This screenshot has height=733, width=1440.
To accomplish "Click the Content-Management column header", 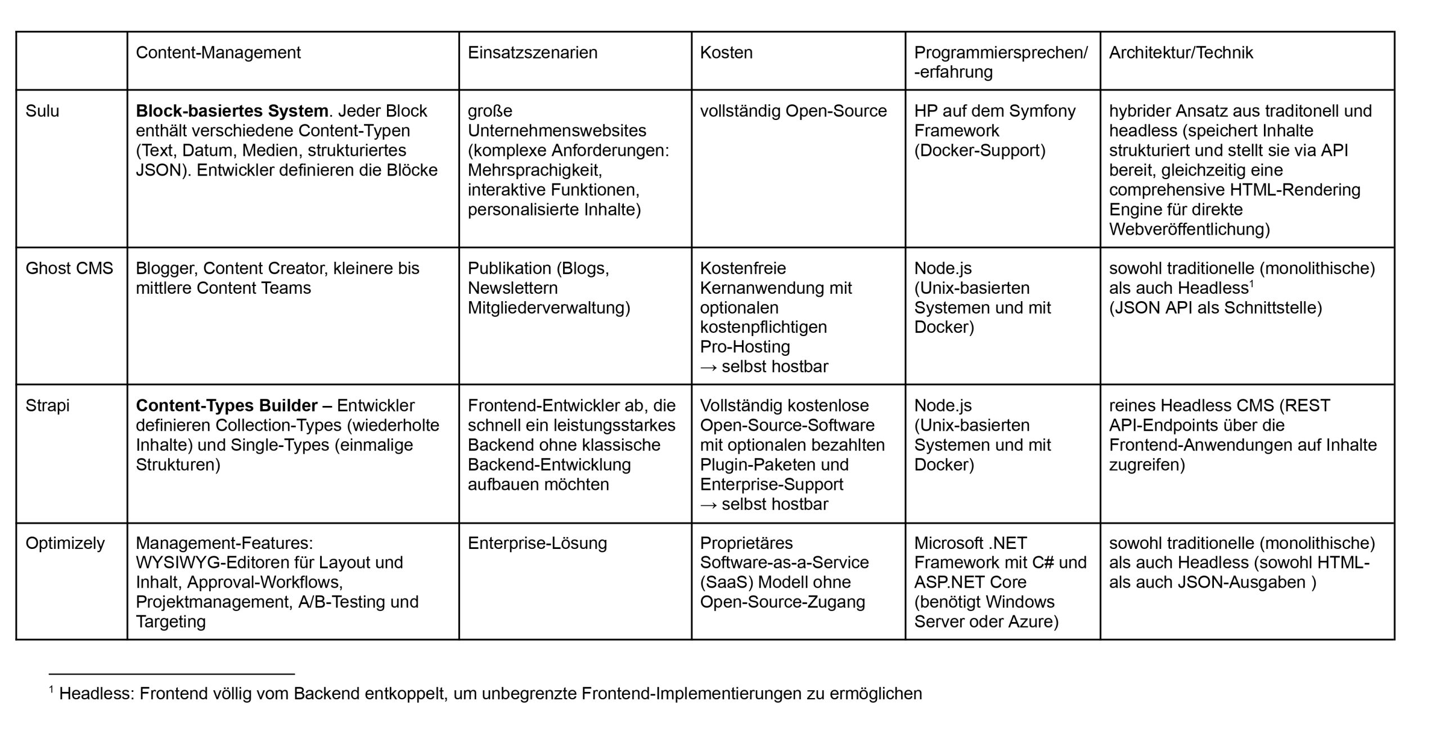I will pyautogui.click(x=218, y=52).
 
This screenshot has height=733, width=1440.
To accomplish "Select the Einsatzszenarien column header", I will pyautogui.click(x=532, y=52).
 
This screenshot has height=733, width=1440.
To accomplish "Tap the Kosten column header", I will pyautogui.click(x=726, y=52).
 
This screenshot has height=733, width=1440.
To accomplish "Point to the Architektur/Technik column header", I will pyautogui.click(x=1181, y=52).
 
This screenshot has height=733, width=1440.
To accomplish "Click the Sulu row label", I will pyautogui.click(x=42, y=111).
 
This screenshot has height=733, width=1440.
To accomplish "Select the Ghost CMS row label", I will pyautogui.click(x=69, y=268).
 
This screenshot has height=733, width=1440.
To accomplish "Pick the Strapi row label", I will pyautogui.click(x=47, y=405).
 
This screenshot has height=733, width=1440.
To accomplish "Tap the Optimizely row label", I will pyautogui.click(x=65, y=543).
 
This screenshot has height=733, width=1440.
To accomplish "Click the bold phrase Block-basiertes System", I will pyautogui.click(x=232, y=111).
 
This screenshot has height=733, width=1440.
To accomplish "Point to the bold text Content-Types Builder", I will pyautogui.click(x=227, y=405).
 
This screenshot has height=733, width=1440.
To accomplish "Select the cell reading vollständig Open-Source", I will pyautogui.click(x=793, y=111).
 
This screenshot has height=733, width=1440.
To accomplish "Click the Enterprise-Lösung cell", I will pyautogui.click(x=537, y=543).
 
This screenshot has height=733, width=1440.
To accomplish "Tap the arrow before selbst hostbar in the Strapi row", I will pyautogui.click(x=708, y=504).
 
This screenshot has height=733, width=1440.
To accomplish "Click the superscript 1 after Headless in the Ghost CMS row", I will pyautogui.click(x=1252, y=283).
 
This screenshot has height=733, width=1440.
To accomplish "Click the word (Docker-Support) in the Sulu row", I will pyautogui.click(x=979, y=150).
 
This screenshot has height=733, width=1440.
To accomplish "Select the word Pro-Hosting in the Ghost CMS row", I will pyautogui.click(x=745, y=346).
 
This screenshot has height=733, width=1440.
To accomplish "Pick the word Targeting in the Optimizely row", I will pyautogui.click(x=170, y=622).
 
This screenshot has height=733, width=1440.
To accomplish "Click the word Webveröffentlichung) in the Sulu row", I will pyautogui.click(x=1189, y=229).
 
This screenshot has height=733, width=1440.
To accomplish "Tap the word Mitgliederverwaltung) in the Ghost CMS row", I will pyautogui.click(x=548, y=307).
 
